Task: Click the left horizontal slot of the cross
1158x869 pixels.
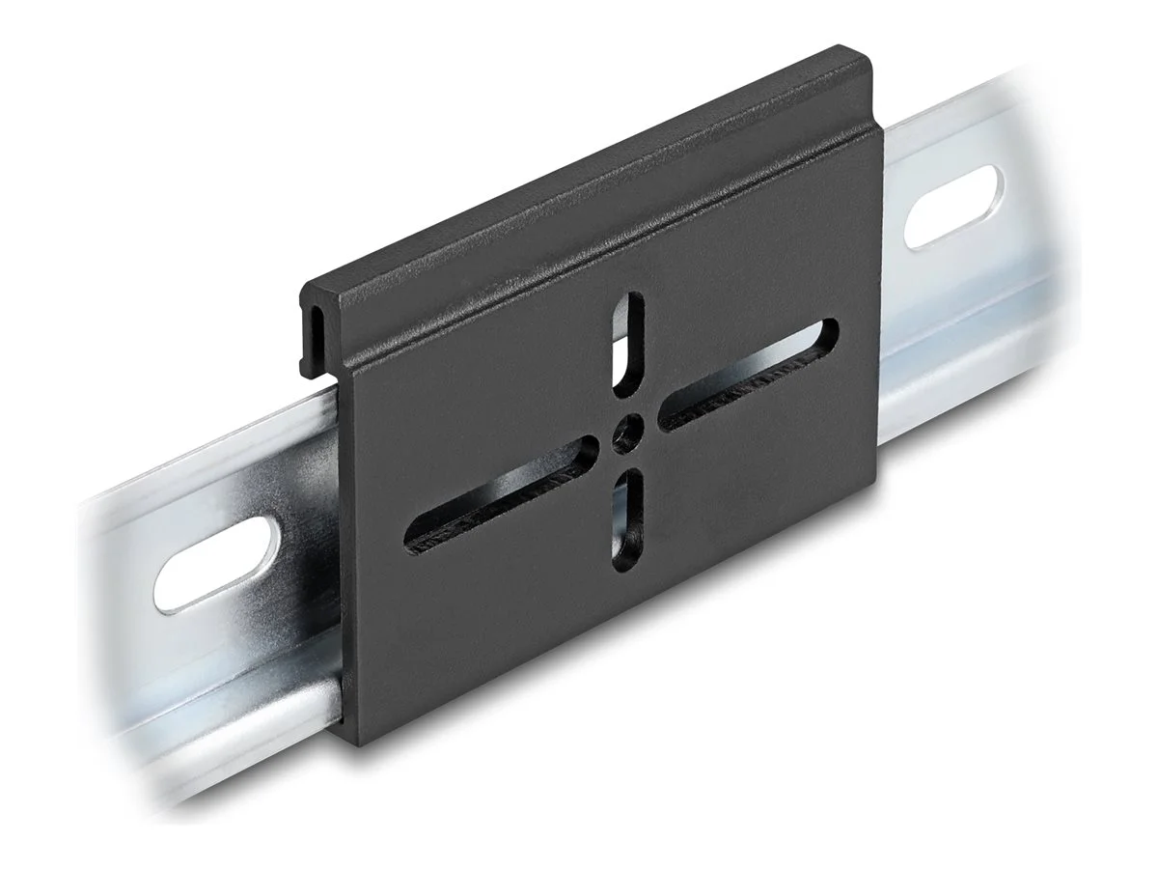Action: (502, 492)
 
